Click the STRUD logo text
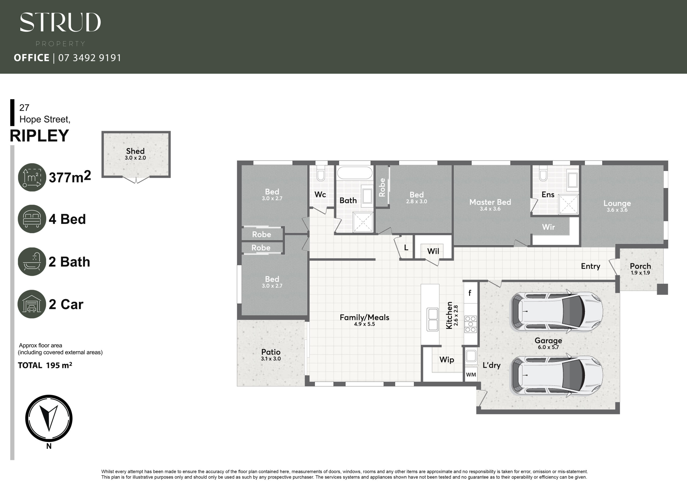point(60,22)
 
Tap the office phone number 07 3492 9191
point(90,57)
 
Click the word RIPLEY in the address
point(39,136)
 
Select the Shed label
point(135,151)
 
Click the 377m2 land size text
point(70,177)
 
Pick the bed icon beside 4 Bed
point(32,219)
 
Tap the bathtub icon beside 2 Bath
point(32,262)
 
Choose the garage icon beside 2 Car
point(32,304)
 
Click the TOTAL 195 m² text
point(45,365)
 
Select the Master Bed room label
point(490,202)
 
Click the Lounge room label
point(617,203)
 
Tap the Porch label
point(640,266)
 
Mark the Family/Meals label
point(364,317)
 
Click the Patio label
point(271,352)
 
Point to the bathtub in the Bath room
point(355,173)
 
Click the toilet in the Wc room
point(321,175)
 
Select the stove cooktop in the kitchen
point(471,324)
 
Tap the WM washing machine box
point(471,375)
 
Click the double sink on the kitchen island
point(433,320)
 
